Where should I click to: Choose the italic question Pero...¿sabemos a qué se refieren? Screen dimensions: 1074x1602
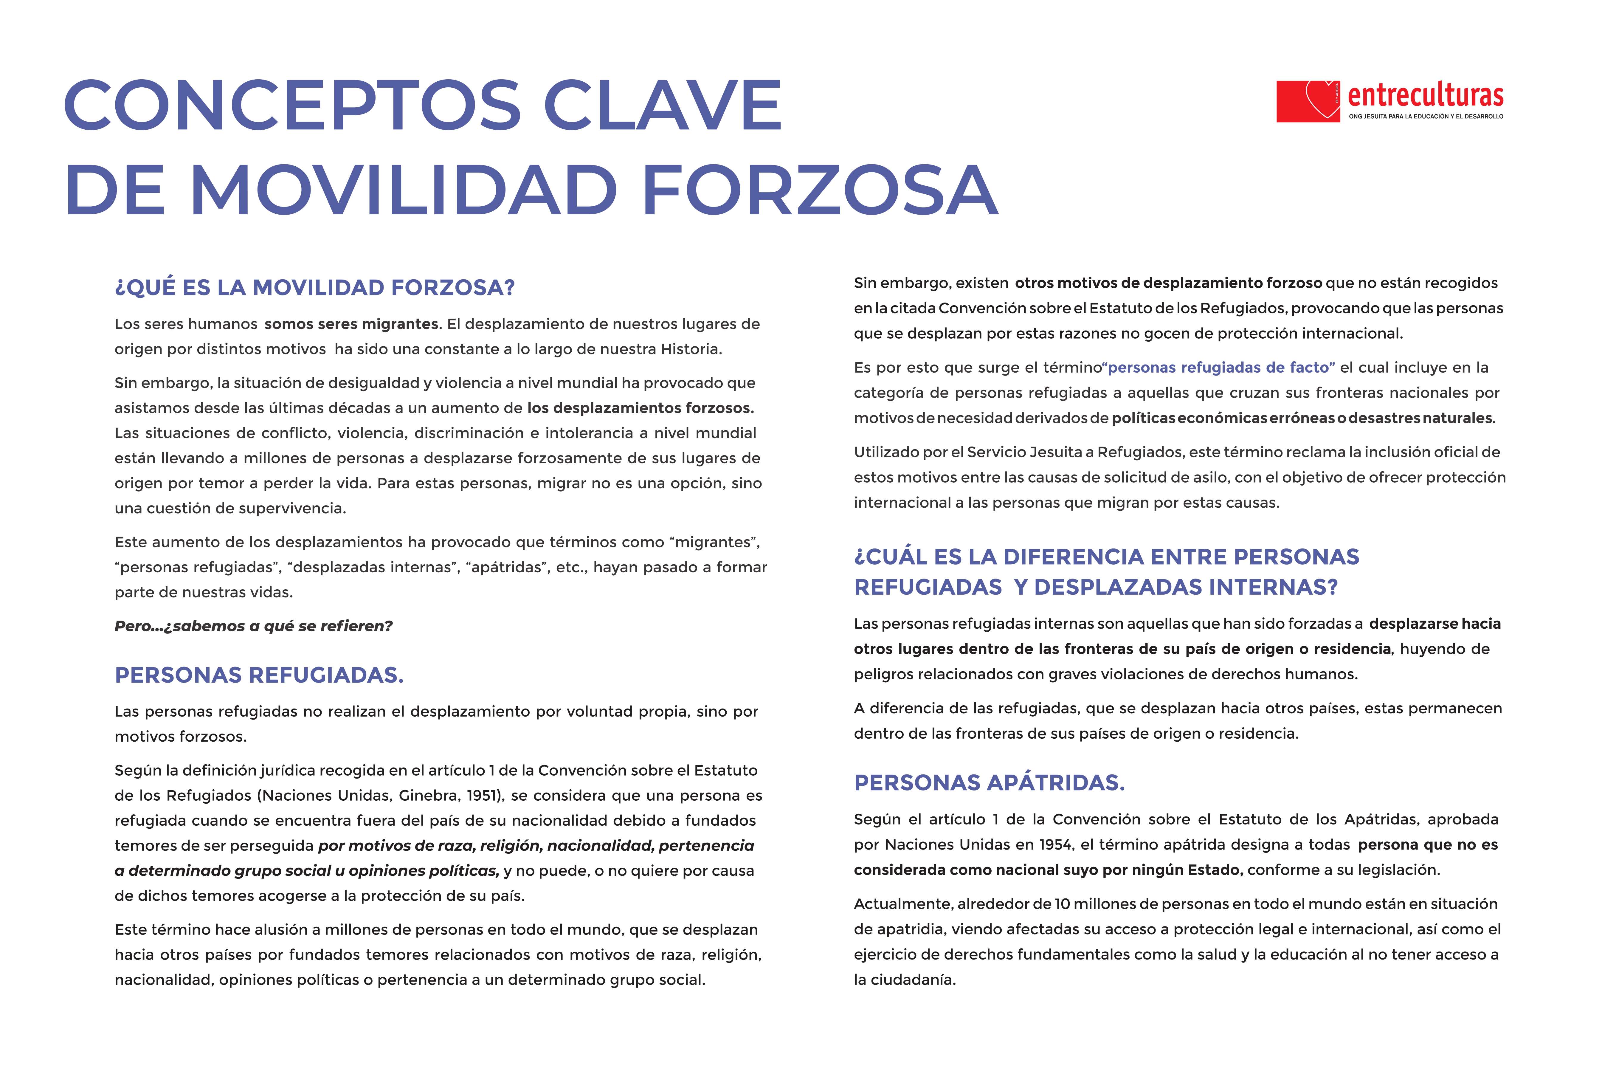(x=253, y=626)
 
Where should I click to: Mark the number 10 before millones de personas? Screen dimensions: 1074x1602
(x=1062, y=904)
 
